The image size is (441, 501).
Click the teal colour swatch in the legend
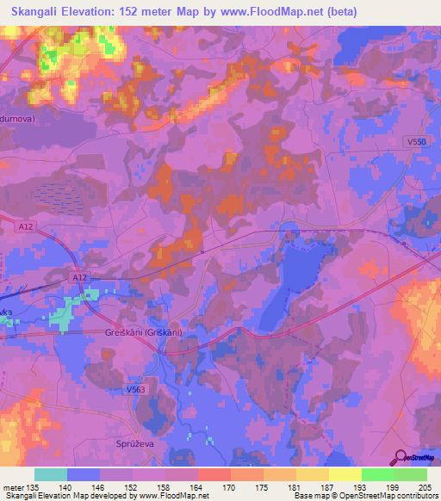51,474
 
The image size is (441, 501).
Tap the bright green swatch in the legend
377,474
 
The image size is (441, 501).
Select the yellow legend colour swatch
345,474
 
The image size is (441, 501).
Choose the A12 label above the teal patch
79,278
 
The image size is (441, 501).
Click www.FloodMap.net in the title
276,11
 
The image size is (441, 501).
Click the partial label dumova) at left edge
17,120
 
